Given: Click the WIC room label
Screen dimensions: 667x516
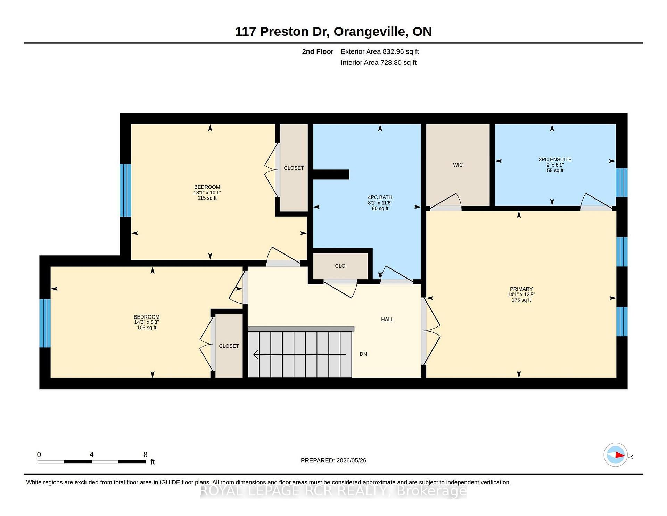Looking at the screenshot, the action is [x=458, y=165].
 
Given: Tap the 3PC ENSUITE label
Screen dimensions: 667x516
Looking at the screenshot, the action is [x=555, y=159].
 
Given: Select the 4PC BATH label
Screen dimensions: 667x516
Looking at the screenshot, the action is [x=380, y=197].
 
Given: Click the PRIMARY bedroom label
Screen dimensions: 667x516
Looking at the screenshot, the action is [x=521, y=289].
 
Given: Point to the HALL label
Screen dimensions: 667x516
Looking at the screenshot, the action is [x=387, y=319].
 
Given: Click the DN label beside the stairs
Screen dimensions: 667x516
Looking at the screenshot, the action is [x=363, y=354].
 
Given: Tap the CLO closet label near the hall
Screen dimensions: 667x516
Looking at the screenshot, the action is [x=340, y=266].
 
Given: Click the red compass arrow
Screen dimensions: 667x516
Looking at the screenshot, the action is [x=619, y=455].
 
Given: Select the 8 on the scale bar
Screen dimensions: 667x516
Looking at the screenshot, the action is [x=145, y=454].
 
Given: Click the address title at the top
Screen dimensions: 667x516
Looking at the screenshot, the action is [x=333, y=31].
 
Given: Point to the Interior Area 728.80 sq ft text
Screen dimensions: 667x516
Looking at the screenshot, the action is [x=378, y=62].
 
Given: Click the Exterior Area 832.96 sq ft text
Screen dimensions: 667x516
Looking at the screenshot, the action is [x=380, y=51].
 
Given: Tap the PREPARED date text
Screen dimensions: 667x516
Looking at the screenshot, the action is [x=333, y=460].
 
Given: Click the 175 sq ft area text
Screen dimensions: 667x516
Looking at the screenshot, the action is [x=521, y=300].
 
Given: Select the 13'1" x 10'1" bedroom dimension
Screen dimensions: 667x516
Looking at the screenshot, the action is [x=207, y=193].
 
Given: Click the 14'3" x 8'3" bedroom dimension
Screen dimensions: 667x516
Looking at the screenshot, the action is [x=146, y=322].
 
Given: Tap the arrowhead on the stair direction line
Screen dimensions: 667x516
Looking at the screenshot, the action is [x=256, y=354].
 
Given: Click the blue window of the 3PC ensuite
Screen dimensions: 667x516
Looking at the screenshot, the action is [x=621, y=183].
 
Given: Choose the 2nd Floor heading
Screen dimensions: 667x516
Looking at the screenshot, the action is [x=318, y=51].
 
